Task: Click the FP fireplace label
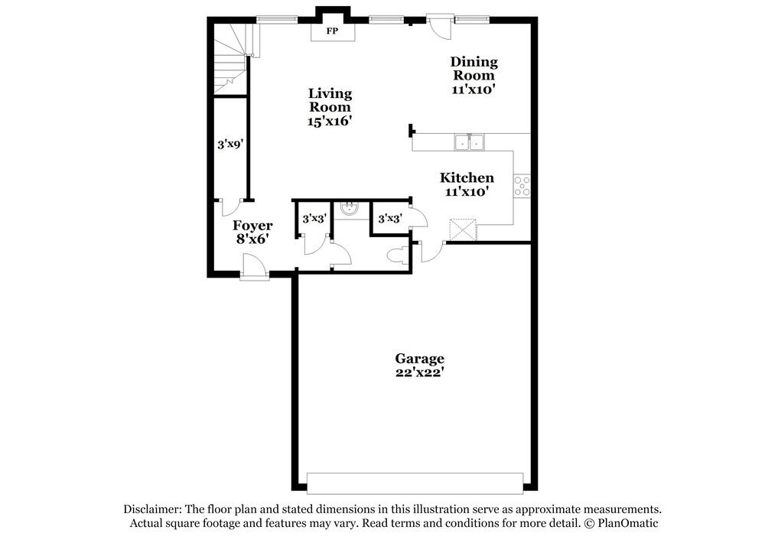pyautogui.click(x=333, y=32)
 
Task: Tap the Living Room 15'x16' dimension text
pyautogui.click(x=330, y=121)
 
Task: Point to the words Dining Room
pyautogui.click(x=474, y=68)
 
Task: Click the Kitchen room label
pyautogui.click(x=467, y=178)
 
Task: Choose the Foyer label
pyautogui.click(x=252, y=226)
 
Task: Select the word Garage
pyautogui.click(x=419, y=359)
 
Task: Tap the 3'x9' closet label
pyautogui.click(x=229, y=143)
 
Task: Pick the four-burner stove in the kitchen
pyautogui.click(x=522, y=186)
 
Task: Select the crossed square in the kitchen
pyautogui.click(x=462, y=229)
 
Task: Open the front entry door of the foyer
pyautogui.click(x=254, y=268)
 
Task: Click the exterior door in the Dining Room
pyautogui.click(x=439, y=26)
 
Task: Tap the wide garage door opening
pyautogui.click(x=415, y=483)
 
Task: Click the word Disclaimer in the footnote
pyautogui.click(x=150, y=509)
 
